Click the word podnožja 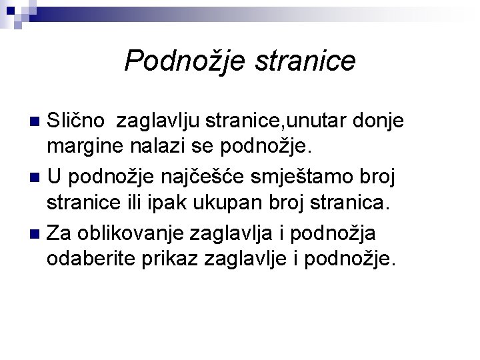point(341,233)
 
